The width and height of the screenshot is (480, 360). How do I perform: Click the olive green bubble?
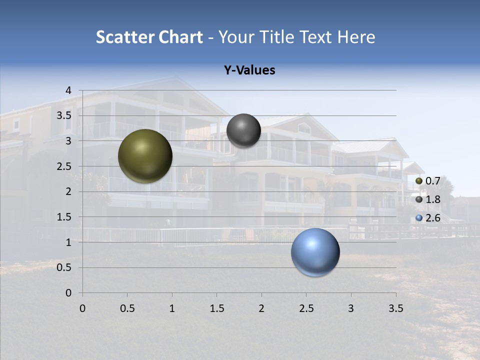[145, 156]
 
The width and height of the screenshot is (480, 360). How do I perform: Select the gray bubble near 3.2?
[243, 130]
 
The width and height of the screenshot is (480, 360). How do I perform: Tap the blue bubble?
[315, 252]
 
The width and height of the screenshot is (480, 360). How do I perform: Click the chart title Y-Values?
[249, 70]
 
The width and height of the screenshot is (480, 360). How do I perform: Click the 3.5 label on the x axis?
[395, 308]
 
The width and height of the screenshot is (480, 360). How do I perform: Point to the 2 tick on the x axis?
[261, 308]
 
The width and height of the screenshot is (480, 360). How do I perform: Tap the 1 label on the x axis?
[172, 308]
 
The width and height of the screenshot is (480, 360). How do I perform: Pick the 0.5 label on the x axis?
[127, 308]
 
